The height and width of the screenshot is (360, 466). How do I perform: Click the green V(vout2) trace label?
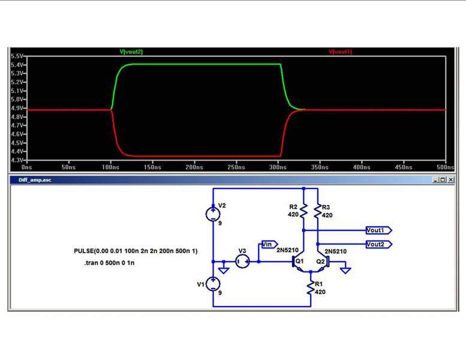pos(131,52)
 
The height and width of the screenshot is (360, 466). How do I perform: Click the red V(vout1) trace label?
pos(340,52)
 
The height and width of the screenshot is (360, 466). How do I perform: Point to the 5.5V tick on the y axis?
pos(17,56)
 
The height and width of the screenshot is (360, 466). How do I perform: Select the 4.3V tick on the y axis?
pos(17,160)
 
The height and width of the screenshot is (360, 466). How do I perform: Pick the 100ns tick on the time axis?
pos(110,167)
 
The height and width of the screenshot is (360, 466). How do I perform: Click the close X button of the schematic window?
pos(450,179)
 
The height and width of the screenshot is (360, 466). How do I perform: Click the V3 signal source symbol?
pos(242,261)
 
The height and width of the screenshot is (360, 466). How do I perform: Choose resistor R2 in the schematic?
pos(304,211)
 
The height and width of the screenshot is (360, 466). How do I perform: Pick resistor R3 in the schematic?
pos(318,211)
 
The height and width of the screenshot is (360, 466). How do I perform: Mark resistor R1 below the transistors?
pos(311,289)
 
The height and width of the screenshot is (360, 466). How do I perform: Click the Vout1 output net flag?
pos(378,230)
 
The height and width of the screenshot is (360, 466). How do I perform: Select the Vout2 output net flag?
pos(378,244)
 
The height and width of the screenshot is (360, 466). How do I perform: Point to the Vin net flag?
pos(267,244)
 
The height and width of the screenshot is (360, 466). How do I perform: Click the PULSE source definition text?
pos(136,250)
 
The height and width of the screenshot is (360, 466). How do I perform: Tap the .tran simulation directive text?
pos(109,263)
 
